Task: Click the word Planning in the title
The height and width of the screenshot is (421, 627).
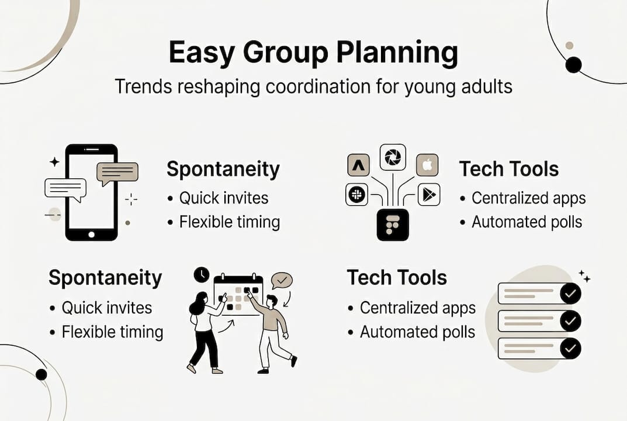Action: (397, 54)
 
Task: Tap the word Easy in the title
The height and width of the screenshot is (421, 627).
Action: (201, 54)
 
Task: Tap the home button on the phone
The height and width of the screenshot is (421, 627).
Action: (91, 234)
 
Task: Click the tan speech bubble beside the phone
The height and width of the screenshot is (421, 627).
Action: (117, 172)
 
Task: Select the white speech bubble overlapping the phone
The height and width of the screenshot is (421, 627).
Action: (65, 188)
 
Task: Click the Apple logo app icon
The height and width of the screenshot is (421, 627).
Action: (427, 165)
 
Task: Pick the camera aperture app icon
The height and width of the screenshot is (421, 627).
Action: (393, 157)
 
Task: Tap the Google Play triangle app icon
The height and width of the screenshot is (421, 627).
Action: (429, 195)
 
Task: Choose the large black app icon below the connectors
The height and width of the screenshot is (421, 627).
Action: (393, 225)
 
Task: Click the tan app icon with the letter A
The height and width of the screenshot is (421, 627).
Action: (358, 165)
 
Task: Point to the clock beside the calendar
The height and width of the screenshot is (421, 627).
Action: (202, 274)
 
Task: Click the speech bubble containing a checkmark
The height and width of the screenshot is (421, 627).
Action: (282, 281)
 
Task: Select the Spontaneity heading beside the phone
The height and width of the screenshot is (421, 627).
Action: (223, 170)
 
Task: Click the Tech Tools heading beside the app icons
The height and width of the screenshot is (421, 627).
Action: (509, 170)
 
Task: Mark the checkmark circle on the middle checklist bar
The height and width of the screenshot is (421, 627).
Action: (570, 321)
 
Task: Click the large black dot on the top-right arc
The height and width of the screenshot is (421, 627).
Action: (573, 64)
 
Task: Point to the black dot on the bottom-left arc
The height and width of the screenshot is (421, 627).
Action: (41, 374)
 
